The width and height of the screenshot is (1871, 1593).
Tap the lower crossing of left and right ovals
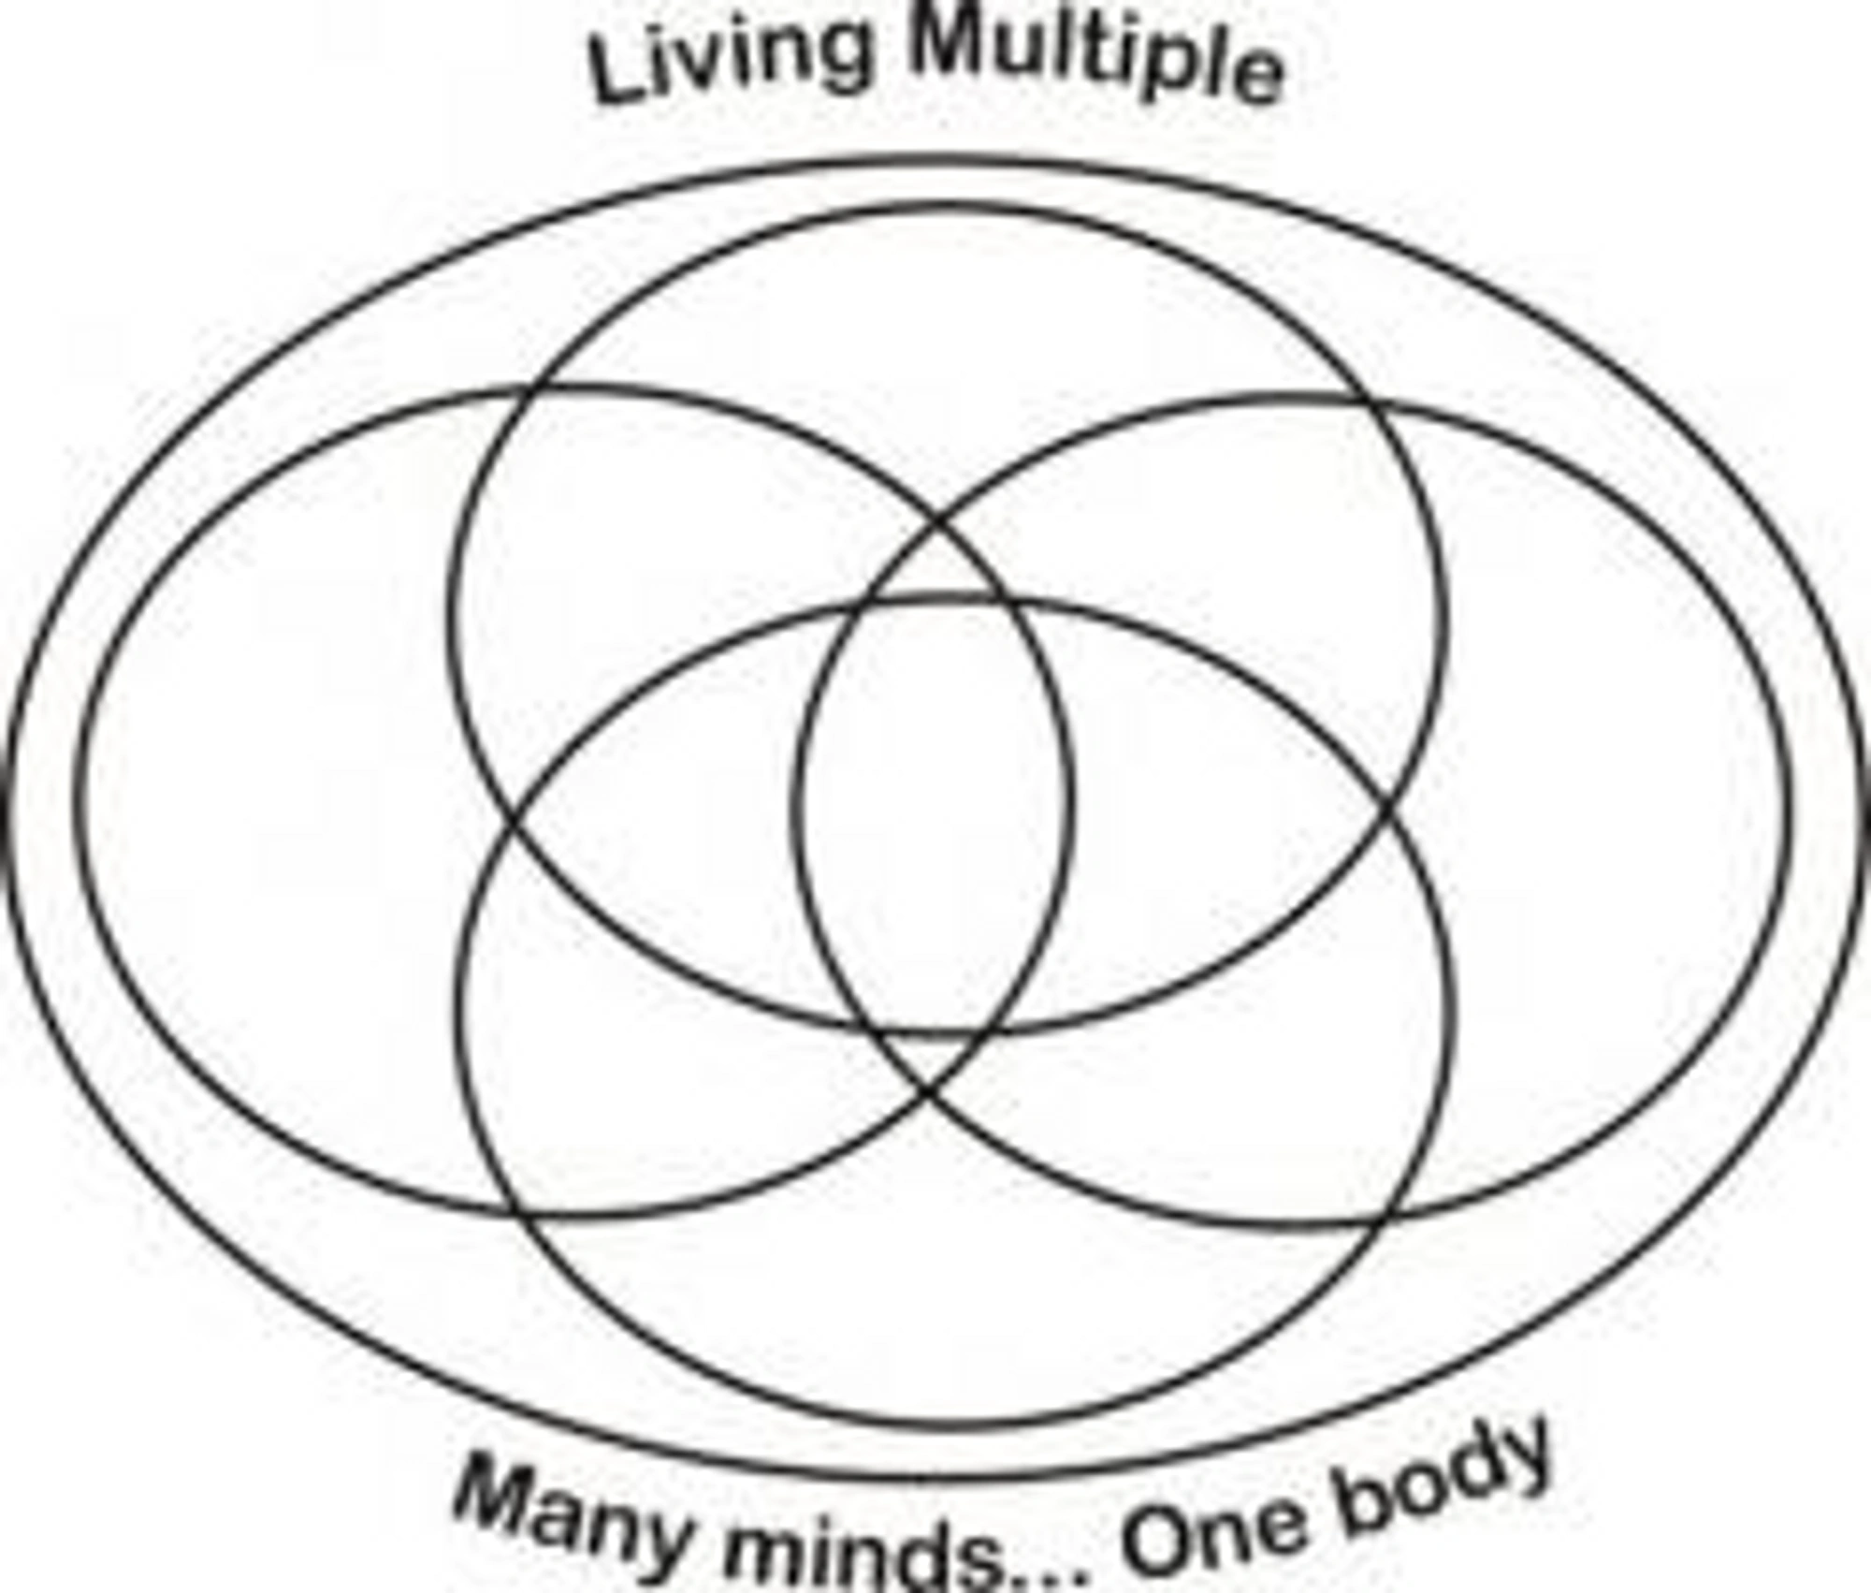[928, 1092]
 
